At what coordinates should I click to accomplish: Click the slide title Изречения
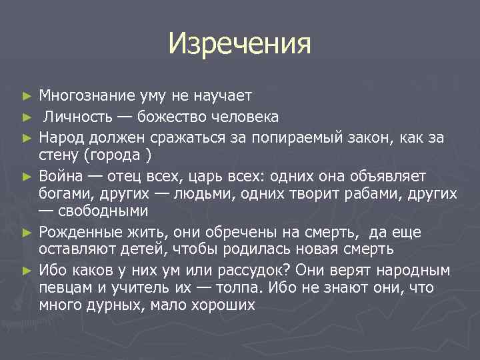pos(239,44)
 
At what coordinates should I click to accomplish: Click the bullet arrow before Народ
pos(27,138)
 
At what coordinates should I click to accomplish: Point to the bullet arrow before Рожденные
pos(27,232)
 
